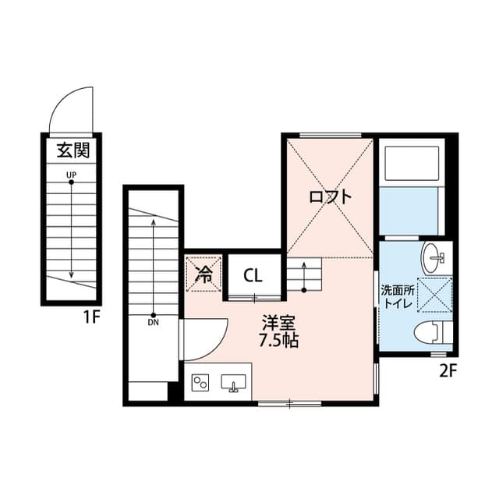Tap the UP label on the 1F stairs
[71, 175]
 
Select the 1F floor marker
[94, 317]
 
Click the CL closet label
[252, 274]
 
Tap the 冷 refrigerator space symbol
[204, 274]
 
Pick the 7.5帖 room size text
[278, 341]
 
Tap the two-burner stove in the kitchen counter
[201, 383]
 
